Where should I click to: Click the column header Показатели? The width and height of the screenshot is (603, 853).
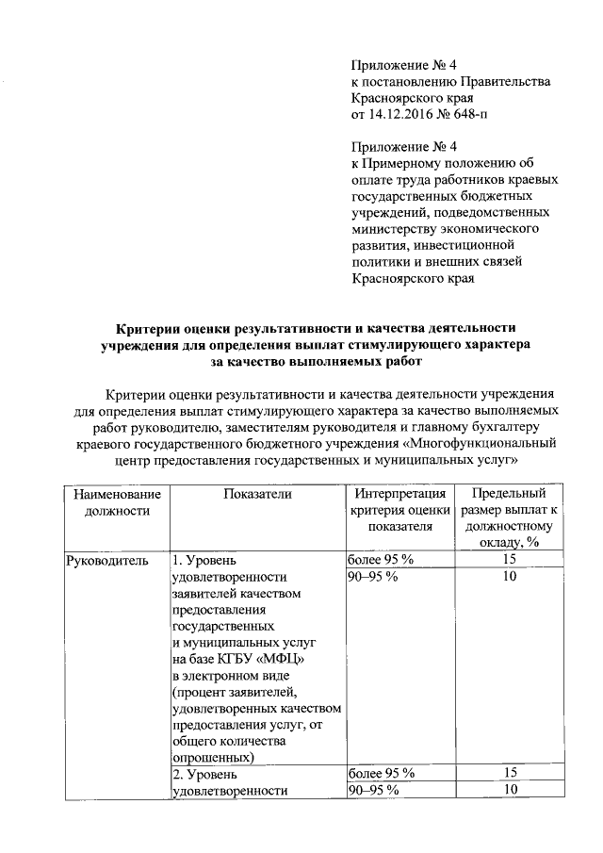click(255, 494)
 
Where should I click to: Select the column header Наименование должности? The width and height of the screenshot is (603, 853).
click(110, 502)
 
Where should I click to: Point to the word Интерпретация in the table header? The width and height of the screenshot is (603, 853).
click(399, 494)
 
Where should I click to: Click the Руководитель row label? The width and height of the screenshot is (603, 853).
click(106, 561)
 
